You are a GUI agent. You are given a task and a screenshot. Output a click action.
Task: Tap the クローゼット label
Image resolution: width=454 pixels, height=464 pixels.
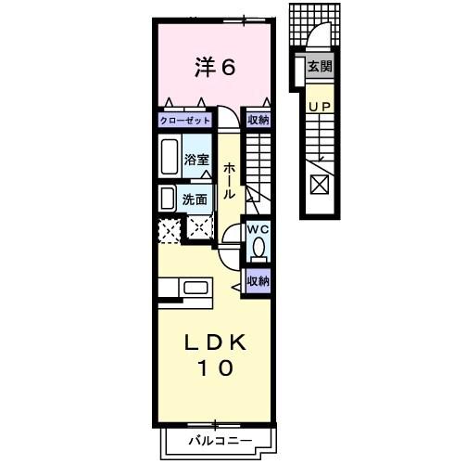(185, 120)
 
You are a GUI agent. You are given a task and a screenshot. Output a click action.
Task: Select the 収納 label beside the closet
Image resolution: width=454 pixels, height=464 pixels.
(258, 120)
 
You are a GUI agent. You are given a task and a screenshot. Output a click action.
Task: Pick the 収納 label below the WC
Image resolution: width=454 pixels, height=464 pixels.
(258, 281)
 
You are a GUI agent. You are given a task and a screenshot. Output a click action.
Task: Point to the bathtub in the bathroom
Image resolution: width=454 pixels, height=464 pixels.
(170, 159)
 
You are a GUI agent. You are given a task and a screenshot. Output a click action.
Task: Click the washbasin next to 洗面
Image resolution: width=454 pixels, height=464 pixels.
(168, 198)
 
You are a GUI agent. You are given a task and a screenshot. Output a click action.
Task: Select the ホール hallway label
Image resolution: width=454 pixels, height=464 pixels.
(229, 181)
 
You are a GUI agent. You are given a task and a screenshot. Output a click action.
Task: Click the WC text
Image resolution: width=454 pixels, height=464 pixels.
(257, 228)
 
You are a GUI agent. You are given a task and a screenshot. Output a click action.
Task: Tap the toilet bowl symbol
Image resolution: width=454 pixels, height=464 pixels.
(259, 247)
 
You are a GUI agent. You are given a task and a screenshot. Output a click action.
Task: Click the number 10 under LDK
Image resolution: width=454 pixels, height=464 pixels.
(213, 368)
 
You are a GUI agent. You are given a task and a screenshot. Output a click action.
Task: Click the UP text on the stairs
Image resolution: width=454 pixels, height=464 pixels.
(319, 107)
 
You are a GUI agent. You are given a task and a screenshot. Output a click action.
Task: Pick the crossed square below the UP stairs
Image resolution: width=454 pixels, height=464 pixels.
(318, 184)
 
